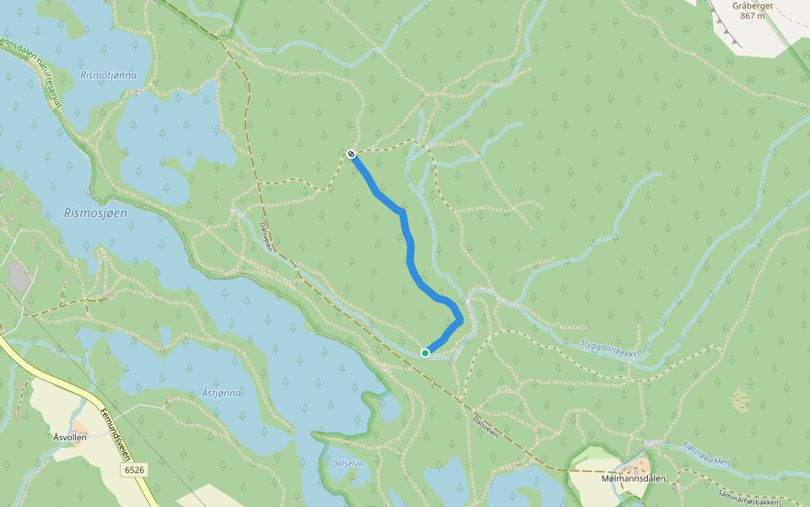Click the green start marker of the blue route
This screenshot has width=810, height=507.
click(425, 353)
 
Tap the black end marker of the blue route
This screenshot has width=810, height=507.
click(351, 154)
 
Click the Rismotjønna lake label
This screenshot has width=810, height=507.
click(108, 75)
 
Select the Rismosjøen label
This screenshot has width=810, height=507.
click(95, 213)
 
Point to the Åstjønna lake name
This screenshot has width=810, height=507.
click(222, 393)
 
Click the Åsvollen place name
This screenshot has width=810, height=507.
click(70, 437)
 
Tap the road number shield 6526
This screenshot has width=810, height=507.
click(133, 469)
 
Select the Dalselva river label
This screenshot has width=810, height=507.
click(348, 464)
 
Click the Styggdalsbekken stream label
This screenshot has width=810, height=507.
click(612, 346)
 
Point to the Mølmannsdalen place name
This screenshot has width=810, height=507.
click(634, 479)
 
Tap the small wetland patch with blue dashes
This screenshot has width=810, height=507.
click(741, 400)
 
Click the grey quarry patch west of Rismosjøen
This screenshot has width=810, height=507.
click(19, 276)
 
